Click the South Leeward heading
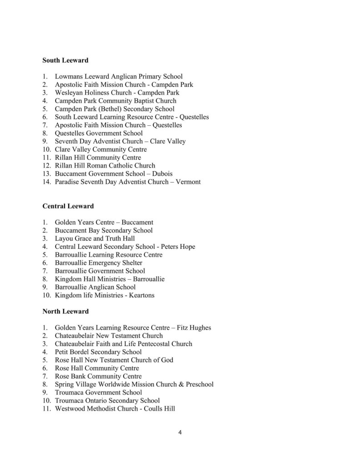click(65, 60)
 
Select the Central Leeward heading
click(68, 206)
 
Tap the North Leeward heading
click(65, 312)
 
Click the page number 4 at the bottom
click(180, 432)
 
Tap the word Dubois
click(162, 174)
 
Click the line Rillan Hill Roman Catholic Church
click(105, 166)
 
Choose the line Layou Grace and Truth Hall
click(95, 238)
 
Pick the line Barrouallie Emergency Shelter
click(98, 263)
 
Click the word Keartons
click(140, 295)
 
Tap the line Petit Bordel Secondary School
click(98, 352)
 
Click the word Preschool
click(197, 385)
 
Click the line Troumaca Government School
click(98, 392)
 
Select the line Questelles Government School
click(99, 134)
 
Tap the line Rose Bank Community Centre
click(98, 376)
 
